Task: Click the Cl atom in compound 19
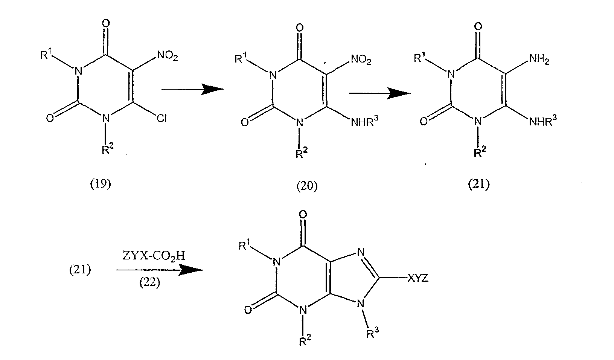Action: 161,119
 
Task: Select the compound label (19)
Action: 101,184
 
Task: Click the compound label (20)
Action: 307,186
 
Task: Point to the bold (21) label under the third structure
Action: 478,184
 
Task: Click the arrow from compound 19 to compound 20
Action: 193,89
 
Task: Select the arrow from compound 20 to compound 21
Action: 379,93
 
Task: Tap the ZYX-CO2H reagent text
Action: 154,256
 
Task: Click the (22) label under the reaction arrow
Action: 150,283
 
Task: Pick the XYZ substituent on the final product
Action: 418,278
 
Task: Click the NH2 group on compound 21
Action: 539,59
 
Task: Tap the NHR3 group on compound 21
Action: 543,120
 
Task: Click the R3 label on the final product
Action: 373,333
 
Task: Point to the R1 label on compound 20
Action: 241,58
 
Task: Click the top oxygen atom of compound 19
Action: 106,24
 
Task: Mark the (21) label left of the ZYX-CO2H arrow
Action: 80,270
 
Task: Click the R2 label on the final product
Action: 305,341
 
